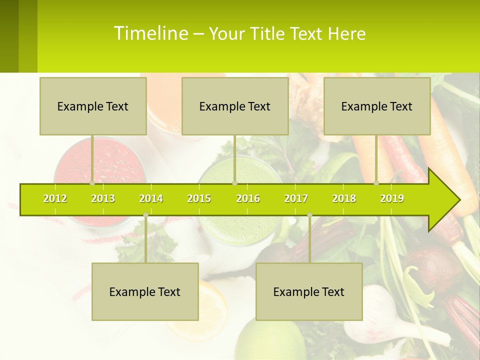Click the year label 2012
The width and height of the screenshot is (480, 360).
(55, 198)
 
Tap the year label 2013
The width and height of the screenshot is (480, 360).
(103, 198)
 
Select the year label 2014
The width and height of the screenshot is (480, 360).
(151, 198)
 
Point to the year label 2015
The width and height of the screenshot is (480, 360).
(199, 198)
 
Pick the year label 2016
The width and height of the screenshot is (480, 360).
(248, 198)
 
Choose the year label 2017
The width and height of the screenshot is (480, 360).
(296, 198)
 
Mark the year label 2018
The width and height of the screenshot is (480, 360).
(344, 198)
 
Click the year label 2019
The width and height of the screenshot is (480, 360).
(392, 198)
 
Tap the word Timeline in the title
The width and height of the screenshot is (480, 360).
(150, 33)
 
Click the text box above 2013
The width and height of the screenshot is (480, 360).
(93, 106)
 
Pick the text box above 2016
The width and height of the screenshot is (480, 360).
(235, 106)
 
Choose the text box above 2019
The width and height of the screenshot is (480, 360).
(377, 106)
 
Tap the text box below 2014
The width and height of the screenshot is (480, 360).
(145, 291)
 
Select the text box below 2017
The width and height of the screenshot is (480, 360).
(309, 291)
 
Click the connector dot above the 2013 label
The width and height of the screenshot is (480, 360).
(92, 183)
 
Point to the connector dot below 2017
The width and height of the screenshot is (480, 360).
(309, 215)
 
